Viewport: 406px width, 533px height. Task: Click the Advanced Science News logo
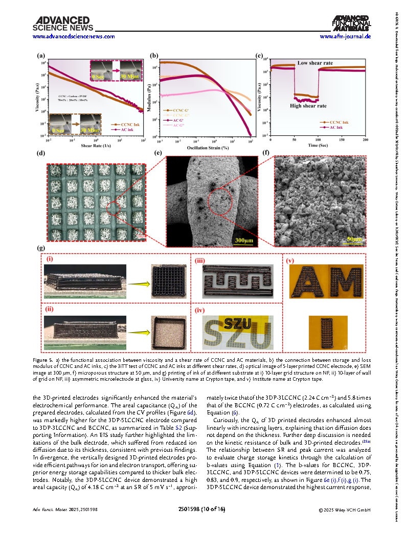click(56, 24)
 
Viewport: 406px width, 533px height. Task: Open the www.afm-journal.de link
click(345, 37)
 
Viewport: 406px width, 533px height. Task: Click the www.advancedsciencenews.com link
click(66, 37)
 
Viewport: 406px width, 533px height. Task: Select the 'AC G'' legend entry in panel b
click(179, 120)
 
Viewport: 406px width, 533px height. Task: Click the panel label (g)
click(39, 248)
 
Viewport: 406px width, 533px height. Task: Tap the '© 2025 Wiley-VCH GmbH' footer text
click(345, 509)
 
